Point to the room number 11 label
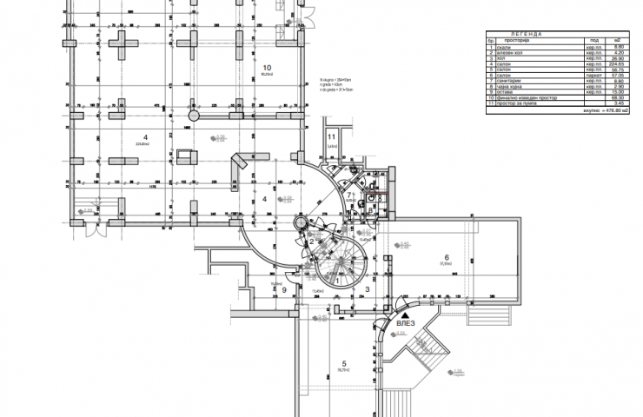(331, 137)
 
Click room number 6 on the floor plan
(446, 257)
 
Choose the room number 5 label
(343, 362)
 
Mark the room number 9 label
(285, 290)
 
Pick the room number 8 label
(370, 208)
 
